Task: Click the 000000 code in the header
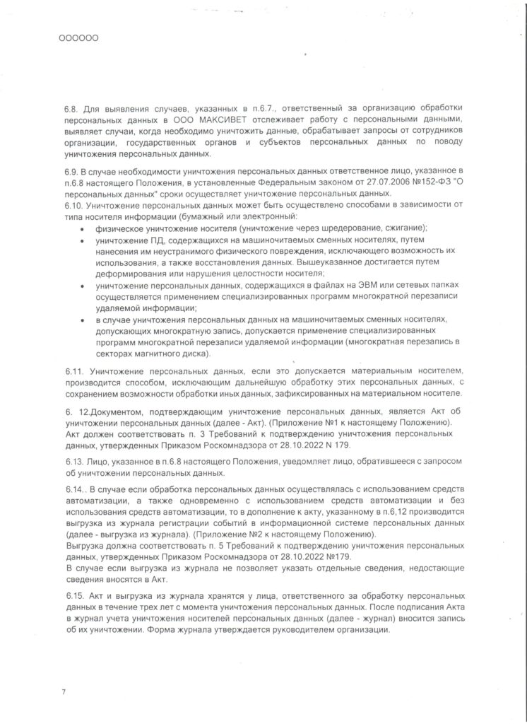[78, 38]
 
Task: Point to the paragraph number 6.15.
[74, 597]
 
